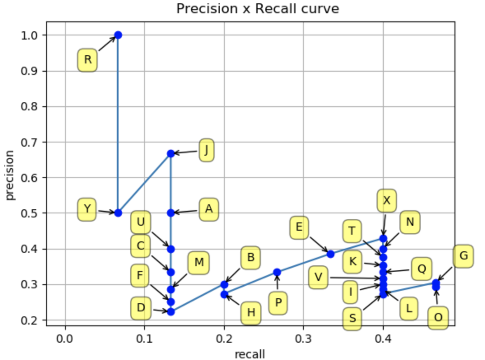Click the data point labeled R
[x=118, y=35]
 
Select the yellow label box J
[x=206, y=151]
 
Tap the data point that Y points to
[x=118, y=213]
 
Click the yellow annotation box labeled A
[x=209, y=209]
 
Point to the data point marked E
[x=330, y=254]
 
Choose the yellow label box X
[x=386, y=201]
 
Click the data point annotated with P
[x=277, y=272]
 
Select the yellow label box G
[x=463, y=256]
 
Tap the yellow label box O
[x=438, y=318]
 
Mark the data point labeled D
[x=171, y=311]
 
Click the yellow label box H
[x=251, y=313]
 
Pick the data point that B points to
[x=224, y=285]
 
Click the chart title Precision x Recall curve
[x=257, y=9]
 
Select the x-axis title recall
[x=250, y=354]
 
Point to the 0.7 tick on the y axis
[x=29, y=142]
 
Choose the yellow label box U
[x=141, y=222]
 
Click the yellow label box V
[x=318, y=277]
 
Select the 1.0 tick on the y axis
[x=29, y=35]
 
